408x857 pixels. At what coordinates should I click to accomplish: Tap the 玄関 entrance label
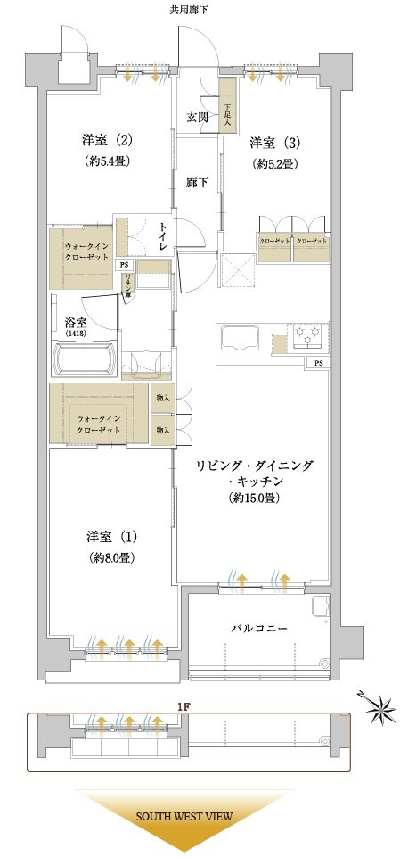[x=198, y=117]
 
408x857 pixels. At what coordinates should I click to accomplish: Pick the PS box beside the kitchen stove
[x=317, y=363]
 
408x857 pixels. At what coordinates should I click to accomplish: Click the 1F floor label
[x=184, y=705]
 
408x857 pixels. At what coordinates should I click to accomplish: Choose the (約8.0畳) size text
[x=111, y=558]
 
